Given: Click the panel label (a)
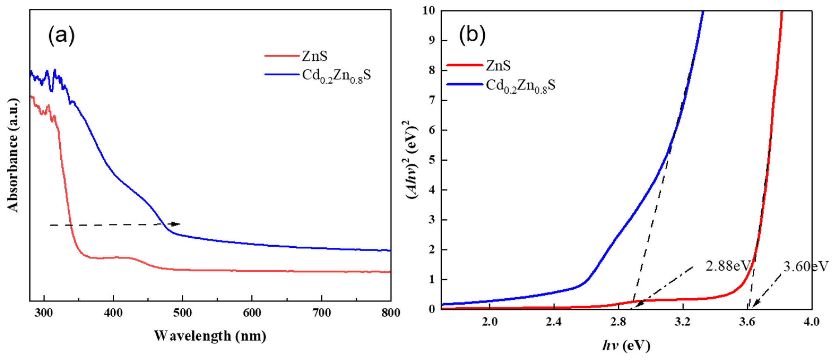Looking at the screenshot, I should click(x=61, y=36).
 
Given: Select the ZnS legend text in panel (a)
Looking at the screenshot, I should click(x=315, y=56).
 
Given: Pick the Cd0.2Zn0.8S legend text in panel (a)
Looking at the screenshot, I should click(x=336, y=76).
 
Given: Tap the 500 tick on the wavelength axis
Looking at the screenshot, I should click(x=183, y=312).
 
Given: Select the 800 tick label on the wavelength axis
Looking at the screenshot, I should click(x=391, y=312).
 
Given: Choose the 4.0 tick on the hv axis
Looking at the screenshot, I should click(x=811, y=322).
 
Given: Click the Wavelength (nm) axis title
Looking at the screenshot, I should click(x=210, y=336).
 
